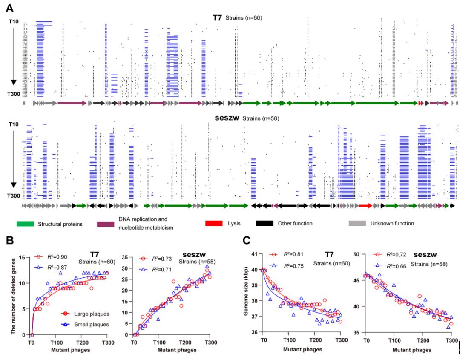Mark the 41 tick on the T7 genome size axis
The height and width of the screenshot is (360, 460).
(255, 254)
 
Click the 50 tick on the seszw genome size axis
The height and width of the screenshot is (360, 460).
(357, 254)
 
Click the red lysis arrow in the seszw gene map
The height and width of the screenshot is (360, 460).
(365, 206)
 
